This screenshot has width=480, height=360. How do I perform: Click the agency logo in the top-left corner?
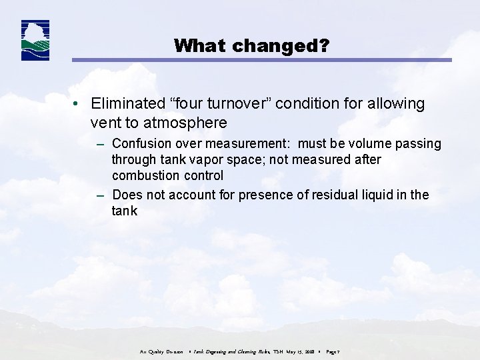point(35,41)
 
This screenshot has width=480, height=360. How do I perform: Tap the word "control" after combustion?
point(201,176)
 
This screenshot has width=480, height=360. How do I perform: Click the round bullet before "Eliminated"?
point(79,105)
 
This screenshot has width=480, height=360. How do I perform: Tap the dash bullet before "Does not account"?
point(100,195)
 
